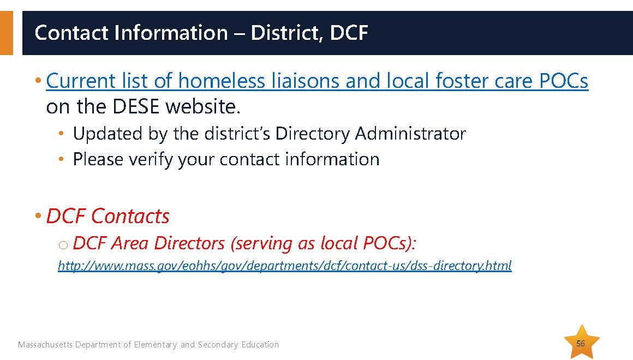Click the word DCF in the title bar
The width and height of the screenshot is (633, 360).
click(349, 33)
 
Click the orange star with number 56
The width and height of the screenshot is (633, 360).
click(581, 343)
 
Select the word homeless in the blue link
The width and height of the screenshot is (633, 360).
click(221, 80)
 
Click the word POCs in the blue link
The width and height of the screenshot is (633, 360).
click(564, 80)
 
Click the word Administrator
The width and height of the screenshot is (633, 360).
click(410, 134)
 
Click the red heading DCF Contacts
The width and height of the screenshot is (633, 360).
click(108, 216)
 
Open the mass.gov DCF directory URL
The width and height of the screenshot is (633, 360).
click(285, 266)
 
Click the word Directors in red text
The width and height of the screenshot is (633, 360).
click(189, 243)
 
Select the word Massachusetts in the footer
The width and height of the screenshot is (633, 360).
click(45, 345)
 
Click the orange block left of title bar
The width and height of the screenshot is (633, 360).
click(7, 33)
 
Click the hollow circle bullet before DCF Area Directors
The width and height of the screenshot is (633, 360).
click(63, 244)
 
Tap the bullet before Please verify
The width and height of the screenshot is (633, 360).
click(61, 159)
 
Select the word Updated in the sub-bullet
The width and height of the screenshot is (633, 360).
click(108, 134)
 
